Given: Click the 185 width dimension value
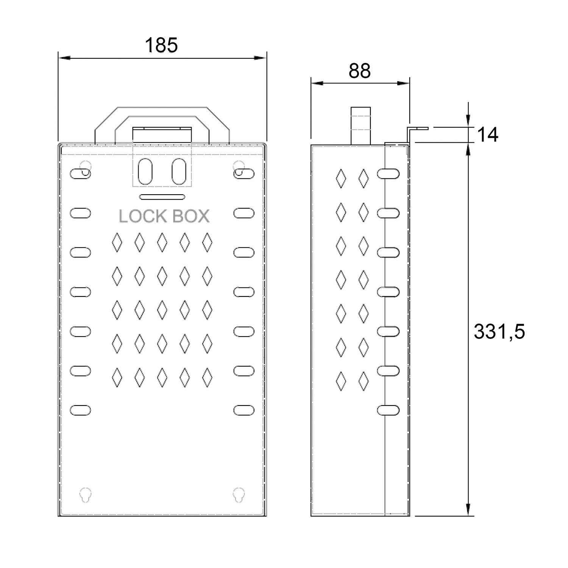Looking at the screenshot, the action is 161,45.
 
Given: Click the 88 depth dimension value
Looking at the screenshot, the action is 360,71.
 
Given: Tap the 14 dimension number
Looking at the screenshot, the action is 488,134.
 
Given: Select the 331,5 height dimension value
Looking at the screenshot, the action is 499,332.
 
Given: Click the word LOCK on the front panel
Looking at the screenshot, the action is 142,216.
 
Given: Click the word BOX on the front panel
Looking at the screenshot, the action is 191,216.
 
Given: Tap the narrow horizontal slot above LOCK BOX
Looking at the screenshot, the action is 162,197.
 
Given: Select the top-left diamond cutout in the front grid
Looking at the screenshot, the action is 117,242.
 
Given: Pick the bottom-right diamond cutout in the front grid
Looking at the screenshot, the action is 207,377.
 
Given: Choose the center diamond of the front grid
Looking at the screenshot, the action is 162,310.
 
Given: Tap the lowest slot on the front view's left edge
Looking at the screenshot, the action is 80,410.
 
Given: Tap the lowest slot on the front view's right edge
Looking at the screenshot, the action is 244,410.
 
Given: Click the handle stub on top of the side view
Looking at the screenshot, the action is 360,126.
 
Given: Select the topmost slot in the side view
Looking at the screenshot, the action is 388,174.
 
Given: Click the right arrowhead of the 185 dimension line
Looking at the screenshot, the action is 260,58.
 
